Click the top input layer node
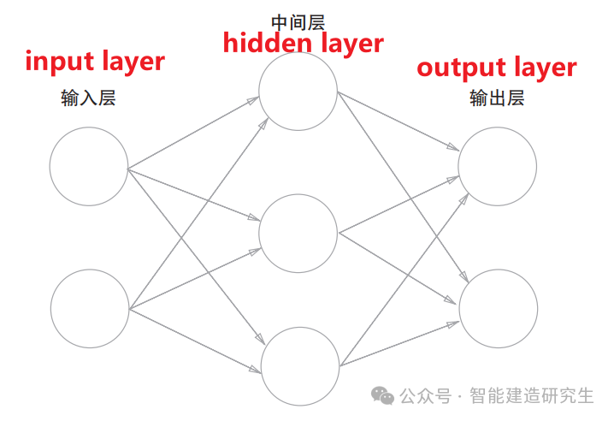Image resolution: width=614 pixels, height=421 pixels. click(89, 166)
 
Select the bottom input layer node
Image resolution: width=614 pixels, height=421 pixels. click(90, 308)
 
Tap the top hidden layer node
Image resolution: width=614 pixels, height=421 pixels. click(298, 92)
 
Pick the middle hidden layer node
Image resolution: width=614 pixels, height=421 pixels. click(298, 233)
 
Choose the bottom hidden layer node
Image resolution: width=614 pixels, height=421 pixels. click(300, 365)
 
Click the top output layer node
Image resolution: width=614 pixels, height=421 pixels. click(498, 166)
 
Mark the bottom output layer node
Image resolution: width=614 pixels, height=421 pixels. click(499, 308)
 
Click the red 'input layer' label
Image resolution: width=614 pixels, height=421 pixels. click(94, 62)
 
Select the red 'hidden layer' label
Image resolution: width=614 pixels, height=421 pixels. click(303, 43)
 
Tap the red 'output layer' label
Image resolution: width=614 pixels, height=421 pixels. click(496, 68)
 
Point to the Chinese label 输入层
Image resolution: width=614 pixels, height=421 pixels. click(88, 98)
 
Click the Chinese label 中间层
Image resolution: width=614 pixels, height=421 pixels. click(298, 21)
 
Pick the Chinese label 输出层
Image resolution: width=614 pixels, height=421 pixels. click(497, 98)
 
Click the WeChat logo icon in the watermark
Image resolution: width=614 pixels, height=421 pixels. click(381, 395)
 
